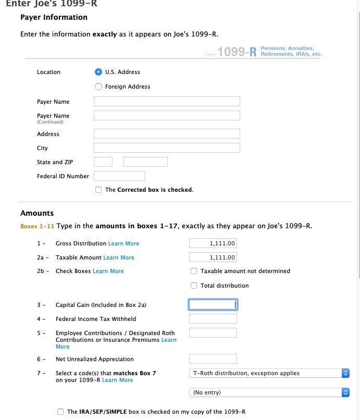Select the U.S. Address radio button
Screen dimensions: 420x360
click(x=98, y=72)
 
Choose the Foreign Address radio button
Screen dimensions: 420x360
click(x=98, y=87)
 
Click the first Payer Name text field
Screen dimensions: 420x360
click(x=167, y=102)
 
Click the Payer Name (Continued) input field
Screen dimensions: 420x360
click(x=167, y=116)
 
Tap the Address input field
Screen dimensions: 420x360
click(x=167, y=134)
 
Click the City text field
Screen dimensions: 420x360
click(x=167, y=148)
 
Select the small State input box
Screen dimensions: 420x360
click(x=103, y=162)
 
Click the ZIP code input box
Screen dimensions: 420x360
click(x=145, y=162)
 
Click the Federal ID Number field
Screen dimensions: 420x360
click(x=119, y=176)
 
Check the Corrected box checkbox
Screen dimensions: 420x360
click(x=98, y=190)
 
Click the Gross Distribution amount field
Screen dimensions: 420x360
click(x=213, y=243)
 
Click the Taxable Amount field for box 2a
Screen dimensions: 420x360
click(x=213, y=257)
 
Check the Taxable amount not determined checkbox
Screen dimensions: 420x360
click(x=194, y=271)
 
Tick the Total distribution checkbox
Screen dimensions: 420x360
click(x=194, y=286)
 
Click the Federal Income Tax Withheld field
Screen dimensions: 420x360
click(x=213, y=319)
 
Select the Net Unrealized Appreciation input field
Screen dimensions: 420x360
click(x=213, y=359)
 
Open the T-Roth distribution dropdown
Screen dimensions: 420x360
click(x=269, y=373)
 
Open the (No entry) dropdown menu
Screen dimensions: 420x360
click(x=269, y=392)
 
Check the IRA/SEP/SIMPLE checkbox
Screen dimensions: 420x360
click(x=60, y=412)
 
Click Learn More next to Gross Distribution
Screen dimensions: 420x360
click(x=123, y=243)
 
